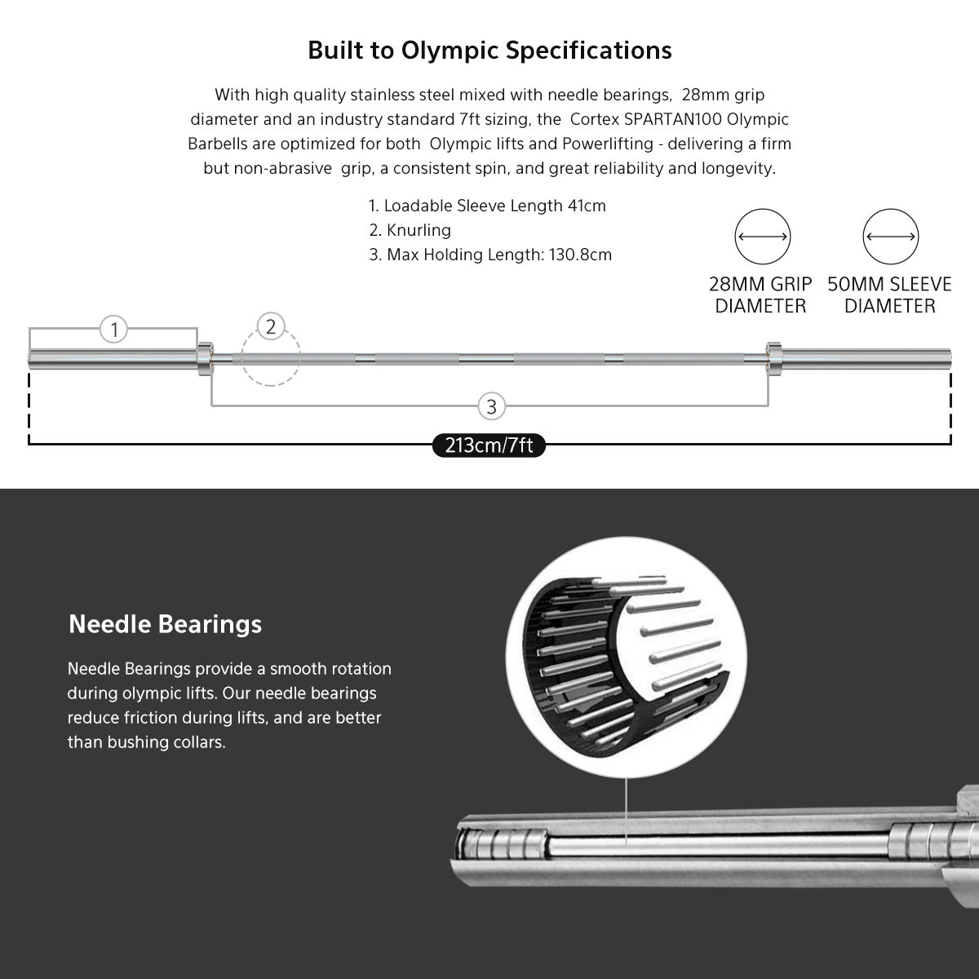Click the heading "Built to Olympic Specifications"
pyautogui.click(x=489, y=51)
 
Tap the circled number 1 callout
pyautogui.click(x=114, y=330)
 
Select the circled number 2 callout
pyautogui.click(x=271, y=327)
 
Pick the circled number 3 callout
pyautogui.click(x=491, y=406)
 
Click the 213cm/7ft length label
pyautogui.click(x=489, y=445)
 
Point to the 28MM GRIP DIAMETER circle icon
pyautogui.click(x=763, y=237)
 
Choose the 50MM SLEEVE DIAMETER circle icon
pyautogui.click(x=891, y=237)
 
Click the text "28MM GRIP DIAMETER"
pyautogui.click(x=760, y=295)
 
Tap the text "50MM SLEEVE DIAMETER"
pyautogui.click(x=889, y=295)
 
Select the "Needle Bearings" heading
pyautogui.click(x=166, y=624)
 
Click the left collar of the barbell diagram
pyautogui.click(x=204, y=357)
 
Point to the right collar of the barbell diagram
pyautogui.click(x=773, y=357)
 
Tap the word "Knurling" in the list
pyautogui.click(x=419, y=230)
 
